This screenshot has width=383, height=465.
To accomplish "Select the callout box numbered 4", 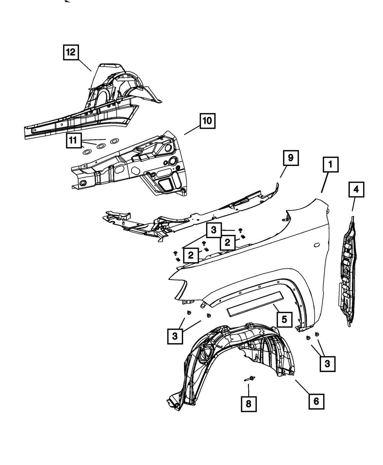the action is [x=356, y=190].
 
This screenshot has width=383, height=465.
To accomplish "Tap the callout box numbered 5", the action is [x=284, y=319].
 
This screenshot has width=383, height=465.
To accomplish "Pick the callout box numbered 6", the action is [x=316, y=401].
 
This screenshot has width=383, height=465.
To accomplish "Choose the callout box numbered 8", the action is [x=249, y=404].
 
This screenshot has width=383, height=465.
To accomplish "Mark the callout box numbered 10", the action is [x=206, y=121].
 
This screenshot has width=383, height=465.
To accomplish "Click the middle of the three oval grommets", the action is [x=100, y=146].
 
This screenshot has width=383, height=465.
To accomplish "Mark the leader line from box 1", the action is [x=324, y=183].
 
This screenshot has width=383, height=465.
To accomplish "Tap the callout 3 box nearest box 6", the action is [x=327, y=363].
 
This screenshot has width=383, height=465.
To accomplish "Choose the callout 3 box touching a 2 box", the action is [x=214, y=231].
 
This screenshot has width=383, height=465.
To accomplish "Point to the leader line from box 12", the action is [x=85, y=65].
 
